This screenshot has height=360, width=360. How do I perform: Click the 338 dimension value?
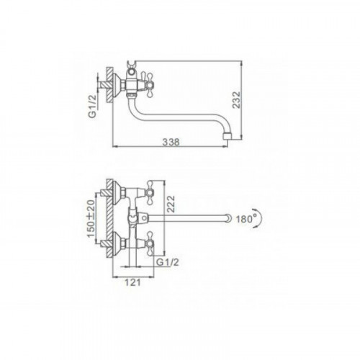point(171,142)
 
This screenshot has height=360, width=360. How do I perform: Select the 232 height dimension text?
point(237,99)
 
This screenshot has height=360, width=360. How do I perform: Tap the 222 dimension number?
point(171,204)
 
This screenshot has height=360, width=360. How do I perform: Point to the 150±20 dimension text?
point(91,218)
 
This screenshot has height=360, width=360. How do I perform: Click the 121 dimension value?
point(132,282)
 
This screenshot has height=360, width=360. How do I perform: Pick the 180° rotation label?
point(245,219)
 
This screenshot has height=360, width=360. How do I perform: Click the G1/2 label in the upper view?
point(93,106)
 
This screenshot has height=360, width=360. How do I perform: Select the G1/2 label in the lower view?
point(168,262)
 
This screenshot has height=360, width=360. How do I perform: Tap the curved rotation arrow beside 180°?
point(260,218)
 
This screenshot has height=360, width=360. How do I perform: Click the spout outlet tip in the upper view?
point(228,136)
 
